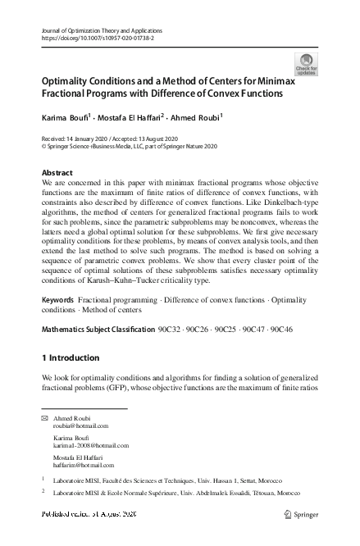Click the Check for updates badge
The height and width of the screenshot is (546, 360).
(x=306, y=65)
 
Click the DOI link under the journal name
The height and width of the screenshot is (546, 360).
(x=97, y=39)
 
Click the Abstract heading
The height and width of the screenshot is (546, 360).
(x=57, y=173)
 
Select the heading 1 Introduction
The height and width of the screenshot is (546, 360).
(x=70, y=358)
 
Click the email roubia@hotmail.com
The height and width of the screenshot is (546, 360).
(x=80, y=426)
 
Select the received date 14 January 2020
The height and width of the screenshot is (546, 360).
(x=98, y=137)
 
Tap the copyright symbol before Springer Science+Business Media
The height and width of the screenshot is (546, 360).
(x=44, y=145)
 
